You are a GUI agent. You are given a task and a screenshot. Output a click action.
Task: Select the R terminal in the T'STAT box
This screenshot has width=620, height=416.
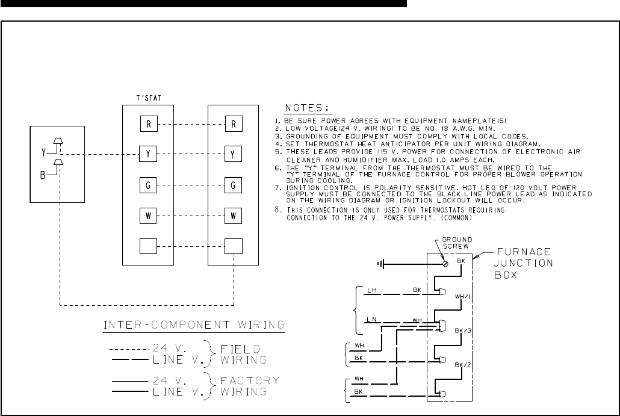point(147,125)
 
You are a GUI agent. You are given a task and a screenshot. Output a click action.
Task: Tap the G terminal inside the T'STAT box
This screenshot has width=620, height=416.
point(147,184)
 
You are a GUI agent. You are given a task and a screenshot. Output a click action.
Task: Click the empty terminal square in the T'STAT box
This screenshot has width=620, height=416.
point(147,246)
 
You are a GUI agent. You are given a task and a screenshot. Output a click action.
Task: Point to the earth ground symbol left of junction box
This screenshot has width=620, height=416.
point(380,263)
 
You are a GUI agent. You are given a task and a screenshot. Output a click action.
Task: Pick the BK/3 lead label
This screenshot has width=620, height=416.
point(462,332)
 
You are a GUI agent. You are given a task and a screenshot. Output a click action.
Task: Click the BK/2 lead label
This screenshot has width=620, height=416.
point(462,365)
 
